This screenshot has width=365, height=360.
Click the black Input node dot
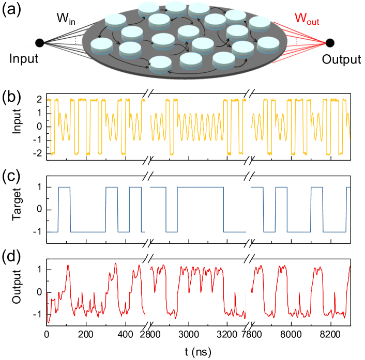pos(39,43)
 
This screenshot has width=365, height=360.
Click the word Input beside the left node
pos(24,59)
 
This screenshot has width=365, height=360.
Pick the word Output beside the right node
pos(341,59)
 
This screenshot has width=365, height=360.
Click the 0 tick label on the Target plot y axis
pos(40,209)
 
